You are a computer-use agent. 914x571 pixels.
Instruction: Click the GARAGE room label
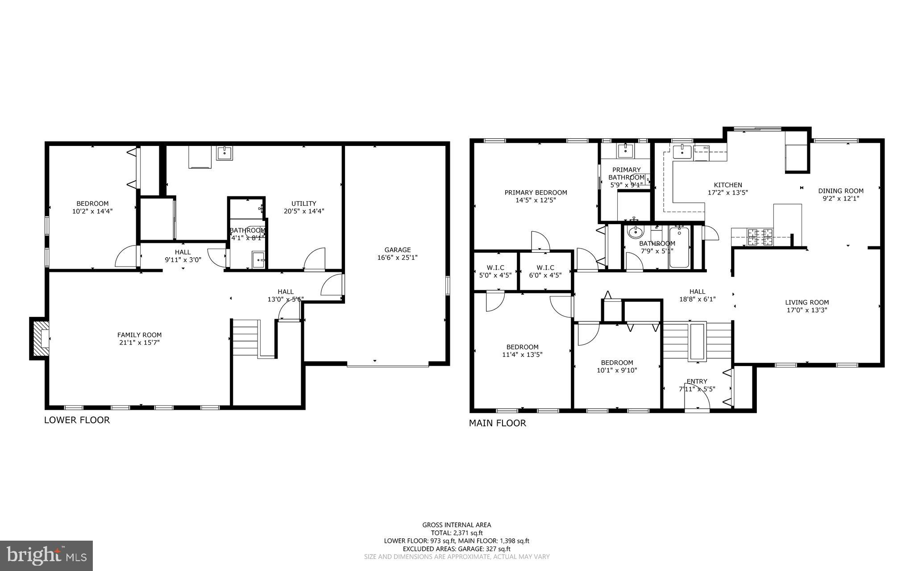(397, 254)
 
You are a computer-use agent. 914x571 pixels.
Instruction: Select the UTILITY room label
(303, 207)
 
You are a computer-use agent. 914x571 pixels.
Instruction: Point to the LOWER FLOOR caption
(77, 420)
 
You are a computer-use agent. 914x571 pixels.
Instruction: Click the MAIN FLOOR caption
(497, 423)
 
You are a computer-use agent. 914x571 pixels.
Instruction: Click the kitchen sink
(682, 152)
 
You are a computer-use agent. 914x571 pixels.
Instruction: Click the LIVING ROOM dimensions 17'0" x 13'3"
(806, 310)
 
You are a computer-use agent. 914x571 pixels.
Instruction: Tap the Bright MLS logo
(46, 555)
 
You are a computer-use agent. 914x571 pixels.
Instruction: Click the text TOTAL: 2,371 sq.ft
(457, 533)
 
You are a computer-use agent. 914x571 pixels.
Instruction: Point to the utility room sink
(224, 153)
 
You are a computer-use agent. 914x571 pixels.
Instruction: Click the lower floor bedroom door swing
(125, 257)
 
